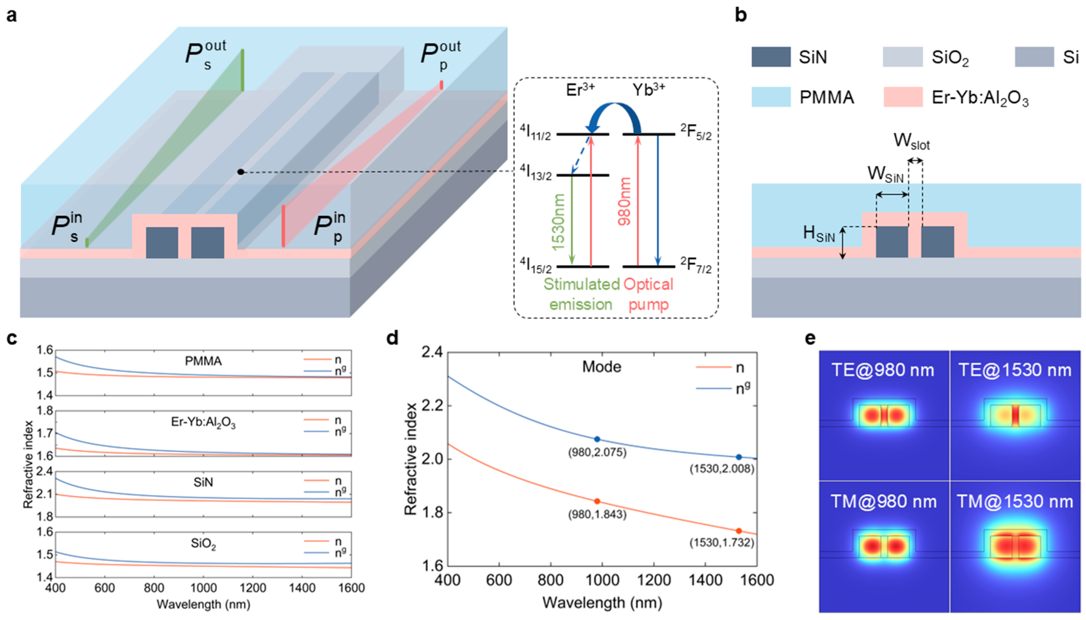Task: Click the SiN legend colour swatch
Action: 771,57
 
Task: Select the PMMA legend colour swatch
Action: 771,97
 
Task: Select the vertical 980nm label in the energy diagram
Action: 624,202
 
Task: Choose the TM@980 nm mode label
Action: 884,502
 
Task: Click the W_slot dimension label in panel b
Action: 911,141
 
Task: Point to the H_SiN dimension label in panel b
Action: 819,234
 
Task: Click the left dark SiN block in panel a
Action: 162,243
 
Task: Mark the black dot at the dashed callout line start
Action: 241,172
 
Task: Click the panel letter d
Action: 392,338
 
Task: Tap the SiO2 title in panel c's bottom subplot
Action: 203,545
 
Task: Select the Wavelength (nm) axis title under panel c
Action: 203,604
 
